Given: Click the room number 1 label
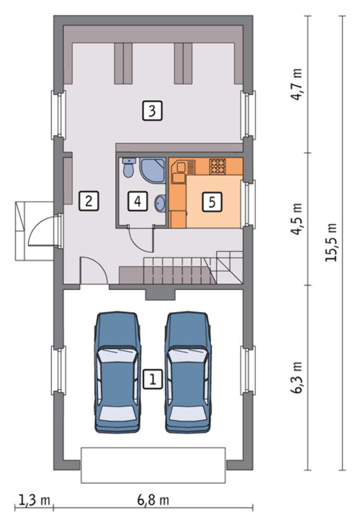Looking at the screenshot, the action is [153, 379].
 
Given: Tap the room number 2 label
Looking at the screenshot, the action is [89, 201].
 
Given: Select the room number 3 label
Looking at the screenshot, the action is [152, 110].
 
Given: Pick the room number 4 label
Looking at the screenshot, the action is [138, 201].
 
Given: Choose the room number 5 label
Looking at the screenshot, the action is [212, 201].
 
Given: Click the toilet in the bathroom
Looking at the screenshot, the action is [128, 167].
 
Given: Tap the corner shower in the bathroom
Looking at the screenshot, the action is [152, 170].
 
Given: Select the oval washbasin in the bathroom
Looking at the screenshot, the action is [160, 203].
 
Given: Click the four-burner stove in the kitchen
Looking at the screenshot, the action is [218, 166].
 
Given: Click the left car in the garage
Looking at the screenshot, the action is [117, 372].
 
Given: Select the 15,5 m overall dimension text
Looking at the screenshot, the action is [331, 242].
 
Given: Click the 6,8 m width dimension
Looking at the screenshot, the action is [153, 500].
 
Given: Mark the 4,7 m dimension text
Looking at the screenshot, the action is [296, 84].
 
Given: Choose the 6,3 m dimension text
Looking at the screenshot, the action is [296, 378].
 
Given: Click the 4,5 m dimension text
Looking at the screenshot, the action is [296, 219].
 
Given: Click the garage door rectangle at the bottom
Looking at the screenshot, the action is [153, 465].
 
